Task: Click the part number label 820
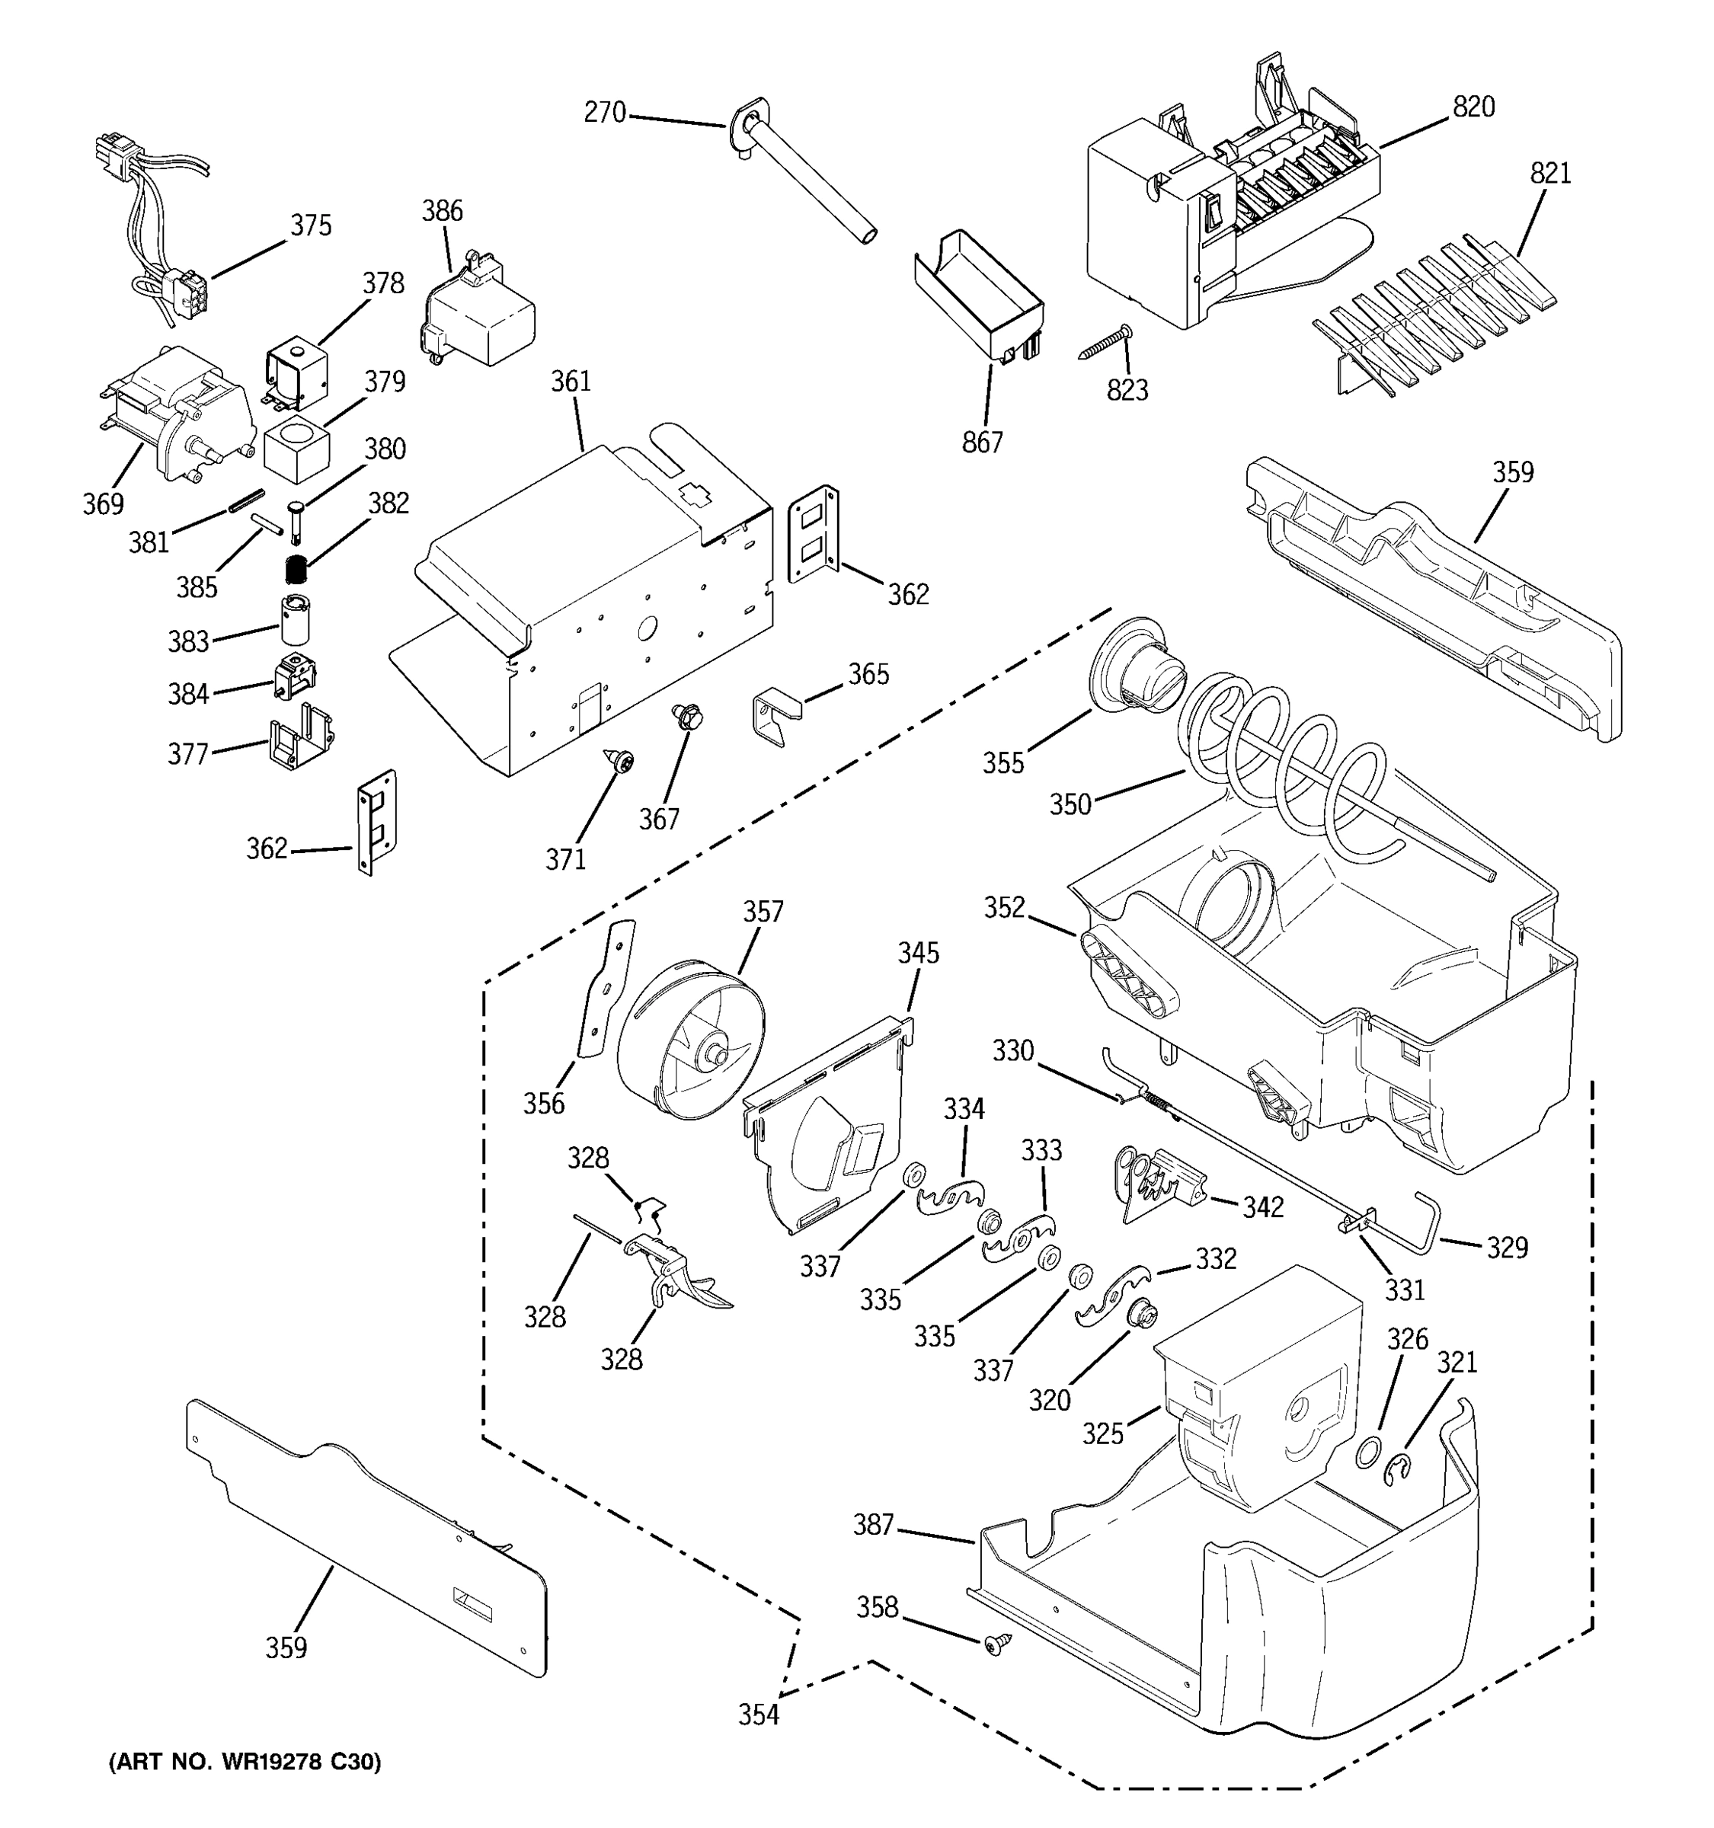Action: coord(1473,107)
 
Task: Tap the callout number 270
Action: coord(604,113)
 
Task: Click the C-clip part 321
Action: coord(1399,1469)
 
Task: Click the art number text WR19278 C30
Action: coord(244,1762)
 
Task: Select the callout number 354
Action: coord(758,1715)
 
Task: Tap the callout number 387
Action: coord(873,1526)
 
